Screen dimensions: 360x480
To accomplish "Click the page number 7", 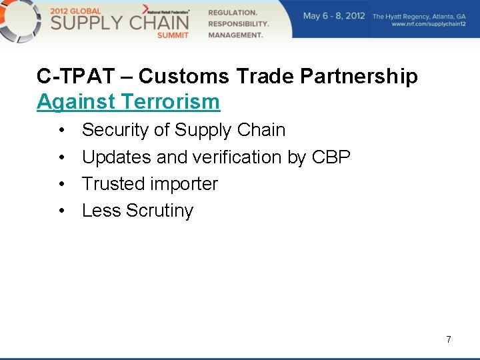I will pos(449,339).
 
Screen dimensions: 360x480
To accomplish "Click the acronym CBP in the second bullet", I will pos(331,157).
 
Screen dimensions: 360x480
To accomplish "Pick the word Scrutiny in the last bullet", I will pos(159,211).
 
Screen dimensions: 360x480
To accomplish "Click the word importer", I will pos(185,184).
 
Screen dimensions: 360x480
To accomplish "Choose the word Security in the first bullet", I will pos(115,130).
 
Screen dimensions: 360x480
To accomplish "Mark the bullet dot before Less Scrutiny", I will pos(61,211).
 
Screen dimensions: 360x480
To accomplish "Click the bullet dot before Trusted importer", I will pos(61,184).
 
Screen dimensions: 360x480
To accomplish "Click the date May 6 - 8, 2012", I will pos(334,16).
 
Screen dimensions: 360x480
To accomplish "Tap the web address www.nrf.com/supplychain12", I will pos(429,25).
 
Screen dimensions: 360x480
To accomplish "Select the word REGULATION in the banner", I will pos(233,13).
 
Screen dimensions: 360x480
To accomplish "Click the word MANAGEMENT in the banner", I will pos(235,35).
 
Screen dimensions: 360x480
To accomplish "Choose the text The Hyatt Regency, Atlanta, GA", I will pos(419,16).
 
